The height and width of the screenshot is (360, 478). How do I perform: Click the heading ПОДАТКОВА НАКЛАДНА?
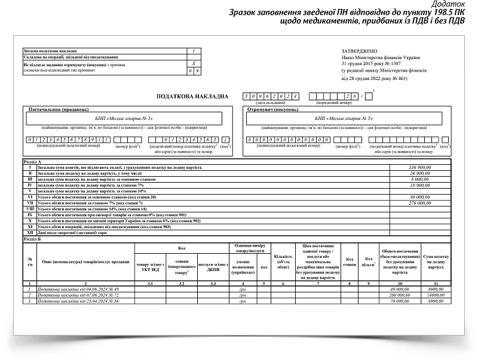(x=192, y=96)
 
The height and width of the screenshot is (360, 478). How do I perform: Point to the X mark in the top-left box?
(x=193, y=63)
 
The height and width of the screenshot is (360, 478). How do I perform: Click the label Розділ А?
(x=32, y=162)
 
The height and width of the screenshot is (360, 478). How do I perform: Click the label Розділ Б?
(x=32, y=239)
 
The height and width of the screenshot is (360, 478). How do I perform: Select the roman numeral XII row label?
(x=29, y=233)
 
